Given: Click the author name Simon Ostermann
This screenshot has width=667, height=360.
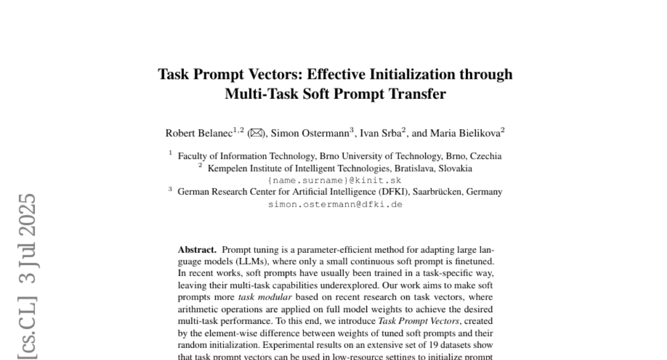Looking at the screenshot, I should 310,133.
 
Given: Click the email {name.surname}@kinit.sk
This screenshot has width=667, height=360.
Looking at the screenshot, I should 335,181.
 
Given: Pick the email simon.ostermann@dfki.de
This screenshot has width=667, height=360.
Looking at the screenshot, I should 335,204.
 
